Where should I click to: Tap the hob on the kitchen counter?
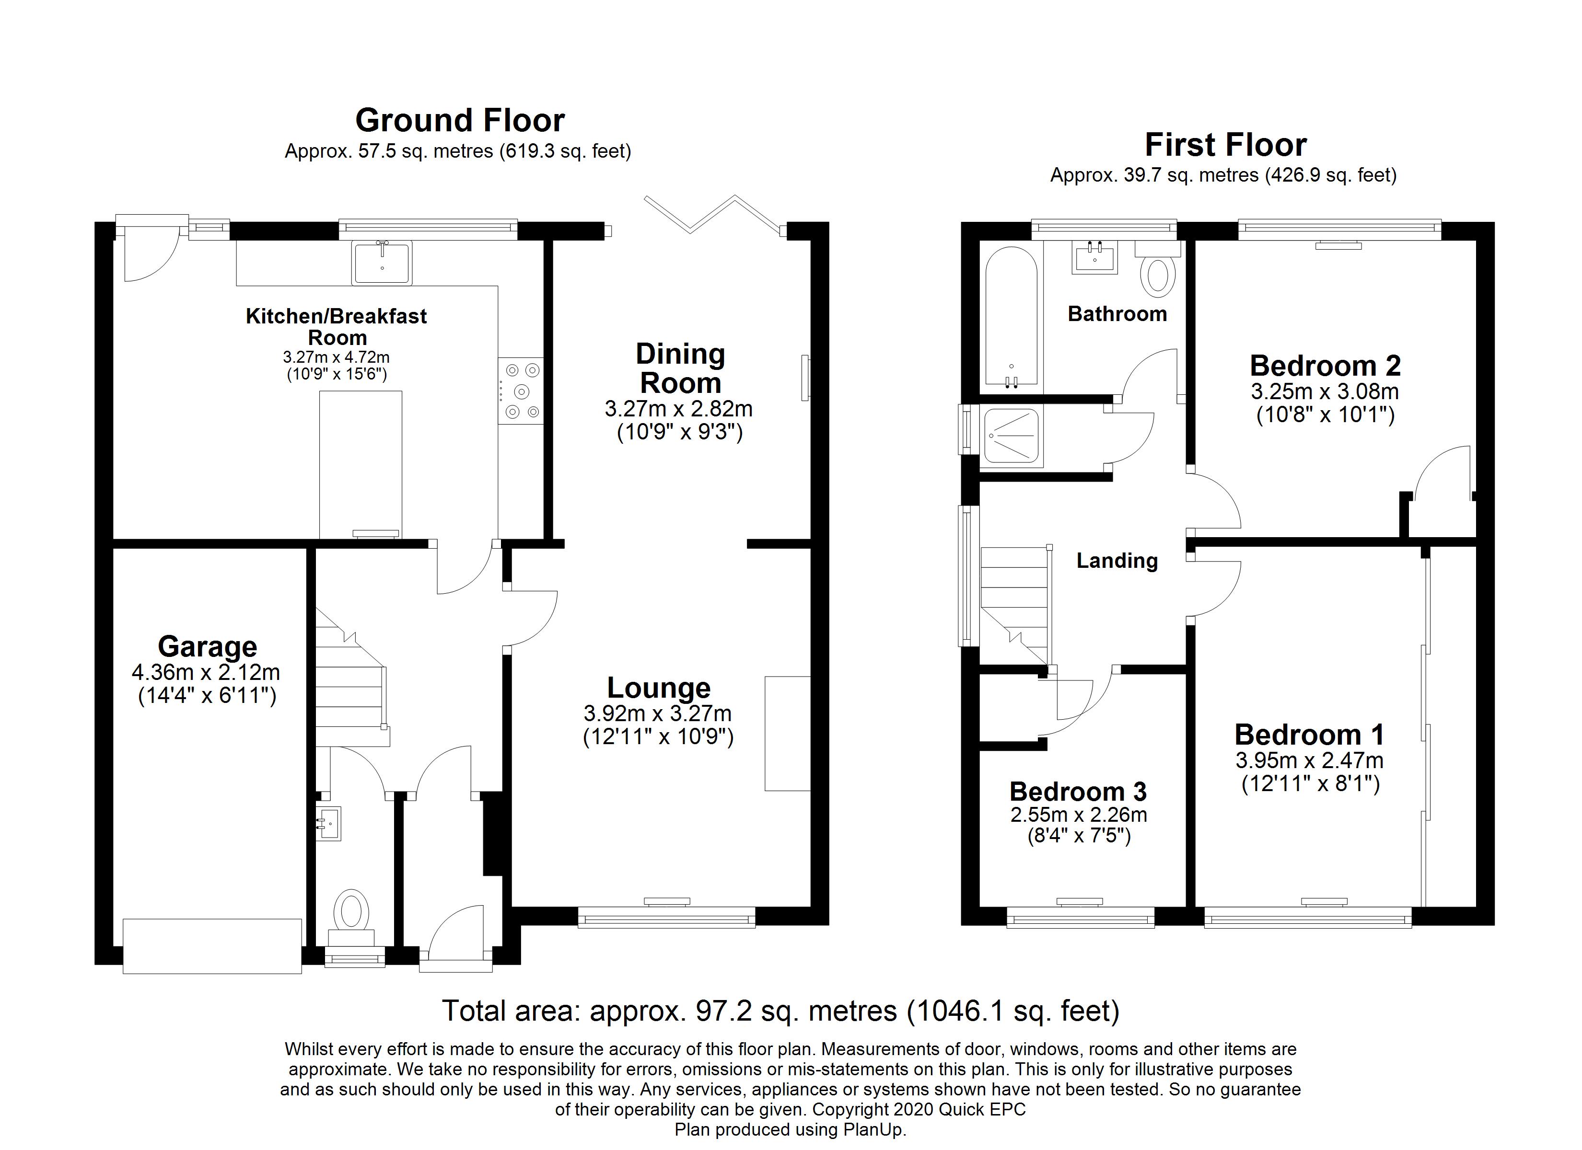click(520, 391)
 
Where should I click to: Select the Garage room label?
click(207, 646)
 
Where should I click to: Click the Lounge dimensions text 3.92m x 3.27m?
click(658, 713)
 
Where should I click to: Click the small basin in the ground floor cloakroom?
click(328, 824)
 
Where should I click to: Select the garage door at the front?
click(212, 946)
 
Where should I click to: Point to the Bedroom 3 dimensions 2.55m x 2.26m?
click(1079, 815)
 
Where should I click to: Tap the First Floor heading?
click(1225, 145)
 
